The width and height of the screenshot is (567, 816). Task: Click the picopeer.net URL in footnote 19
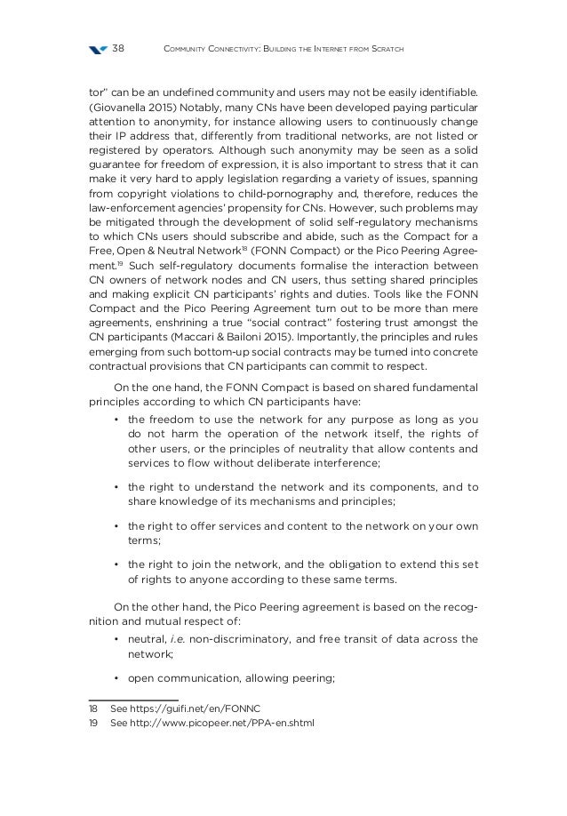pos(212,722)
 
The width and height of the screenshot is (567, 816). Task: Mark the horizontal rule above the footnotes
pos(133,699)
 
